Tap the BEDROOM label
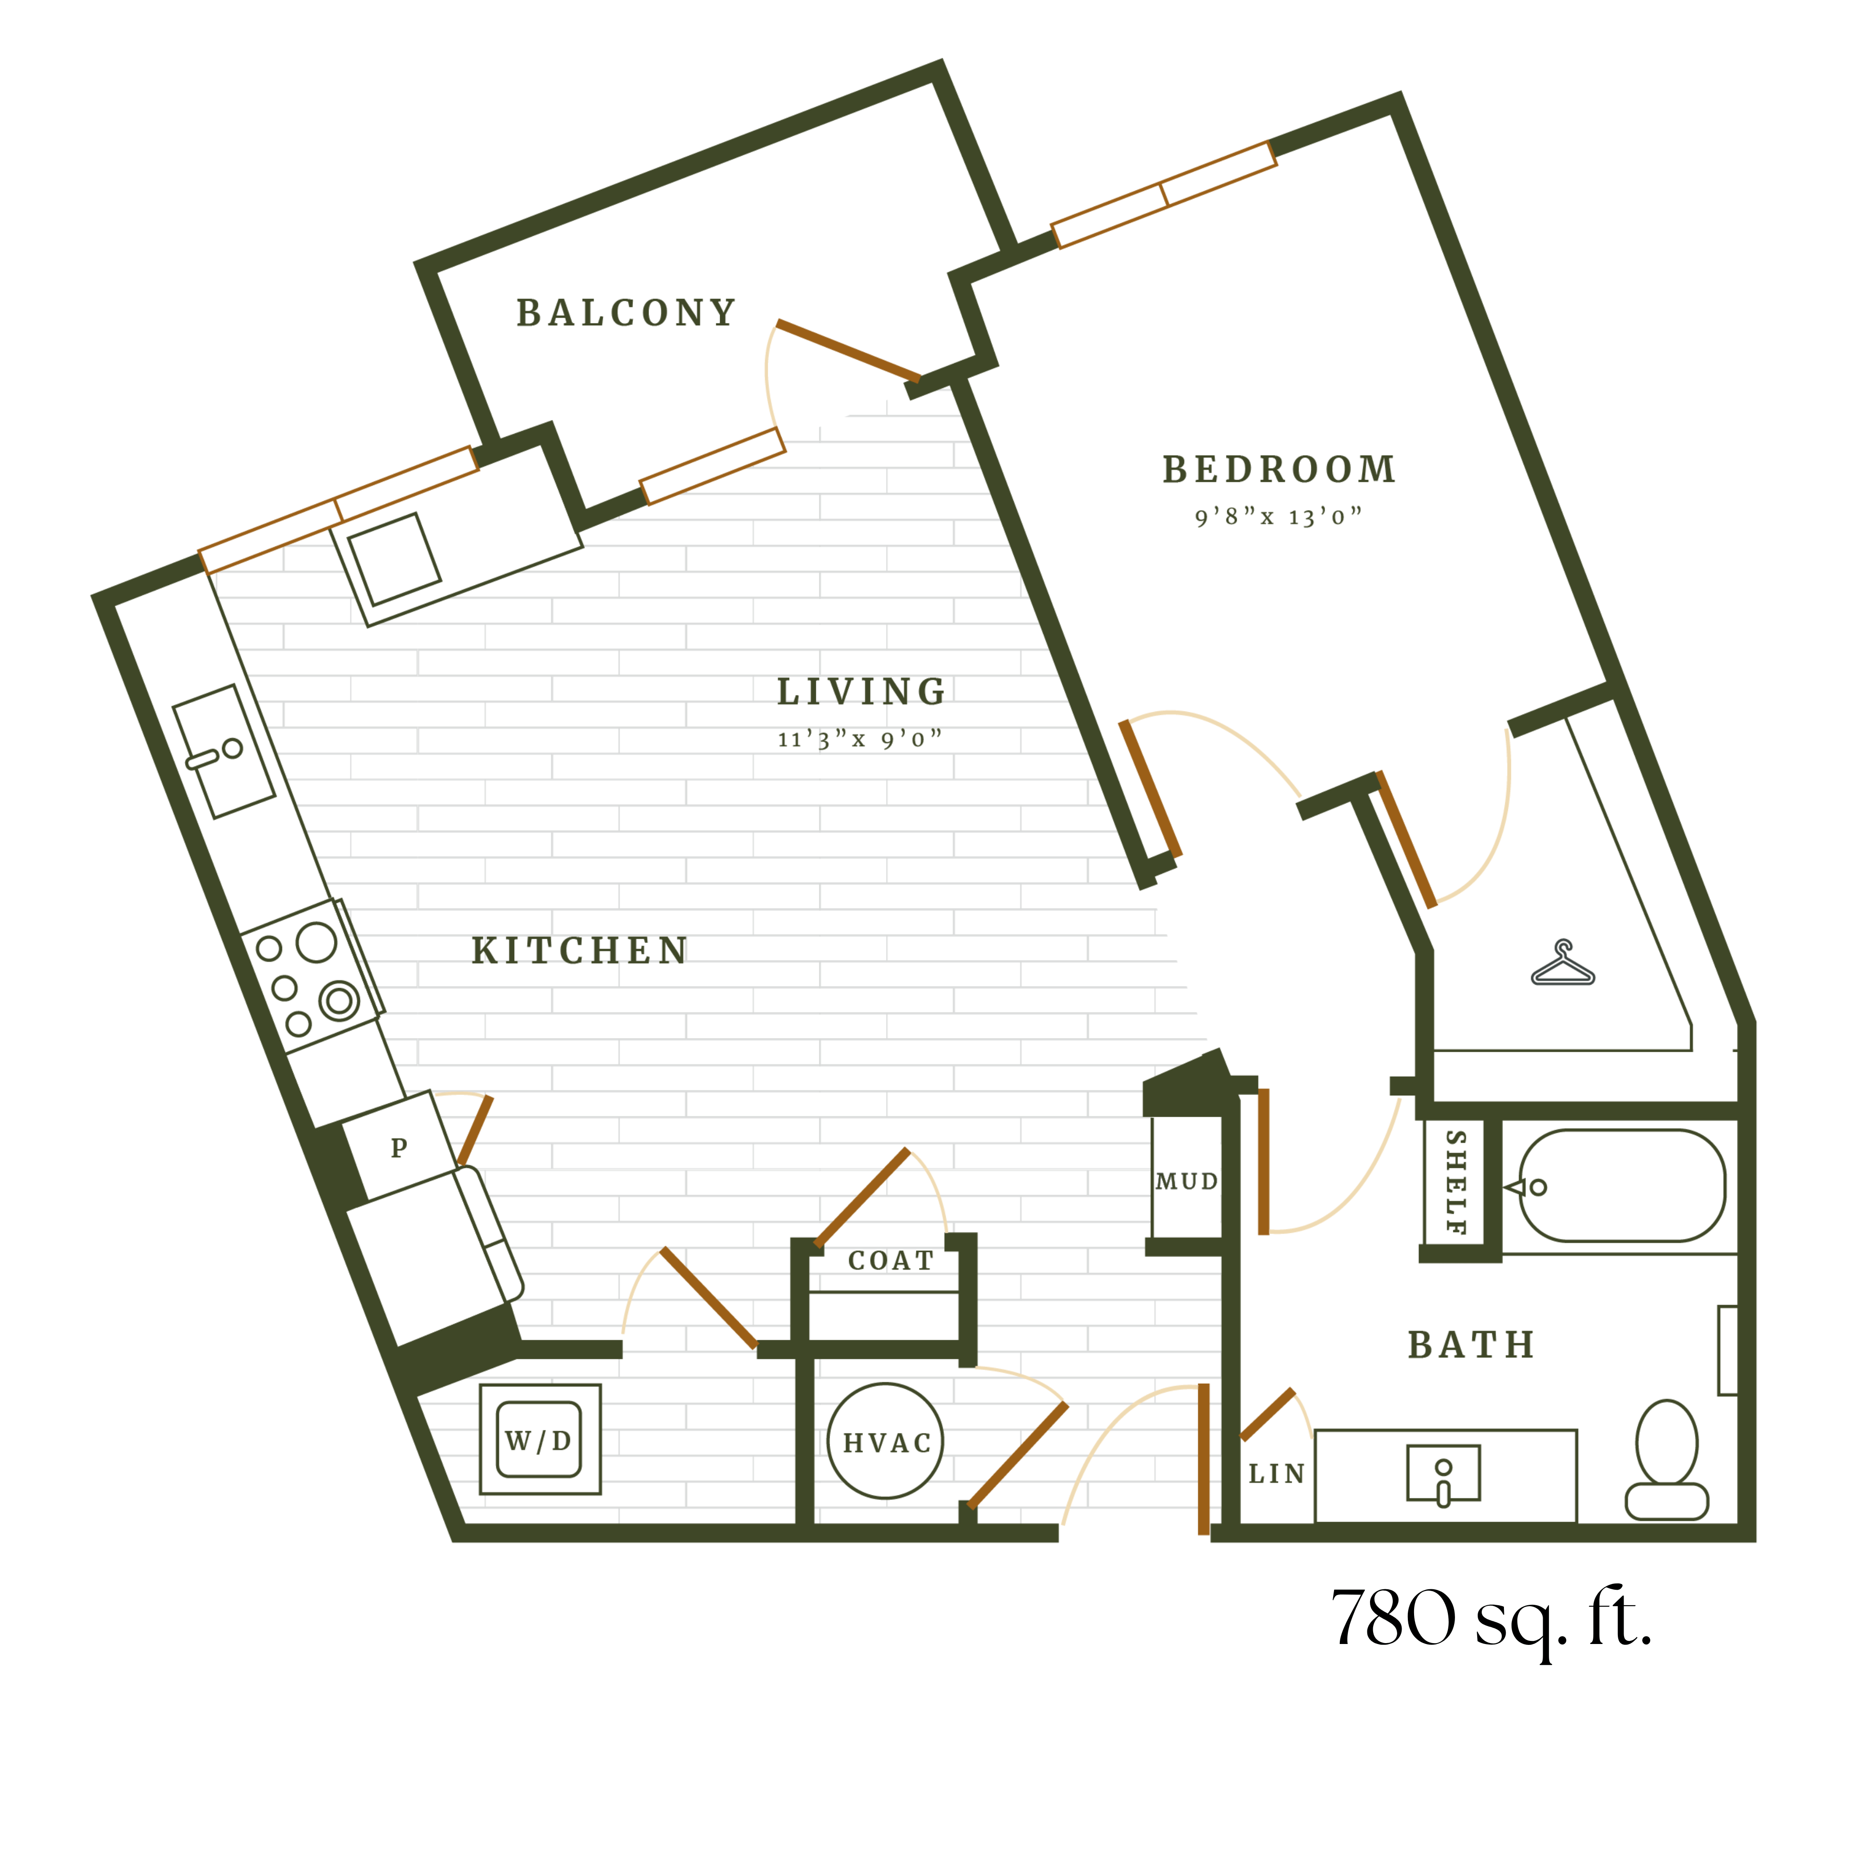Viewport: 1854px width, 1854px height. coord(1279,469)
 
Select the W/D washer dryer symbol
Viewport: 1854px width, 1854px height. coord(539,1439)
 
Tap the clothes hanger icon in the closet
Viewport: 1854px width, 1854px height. coord(1562,963)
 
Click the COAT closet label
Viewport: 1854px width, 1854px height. coord(891,1260)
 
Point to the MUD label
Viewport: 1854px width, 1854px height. coord(1186,1181)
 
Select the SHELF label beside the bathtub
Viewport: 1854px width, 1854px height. coord(1456,1182)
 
